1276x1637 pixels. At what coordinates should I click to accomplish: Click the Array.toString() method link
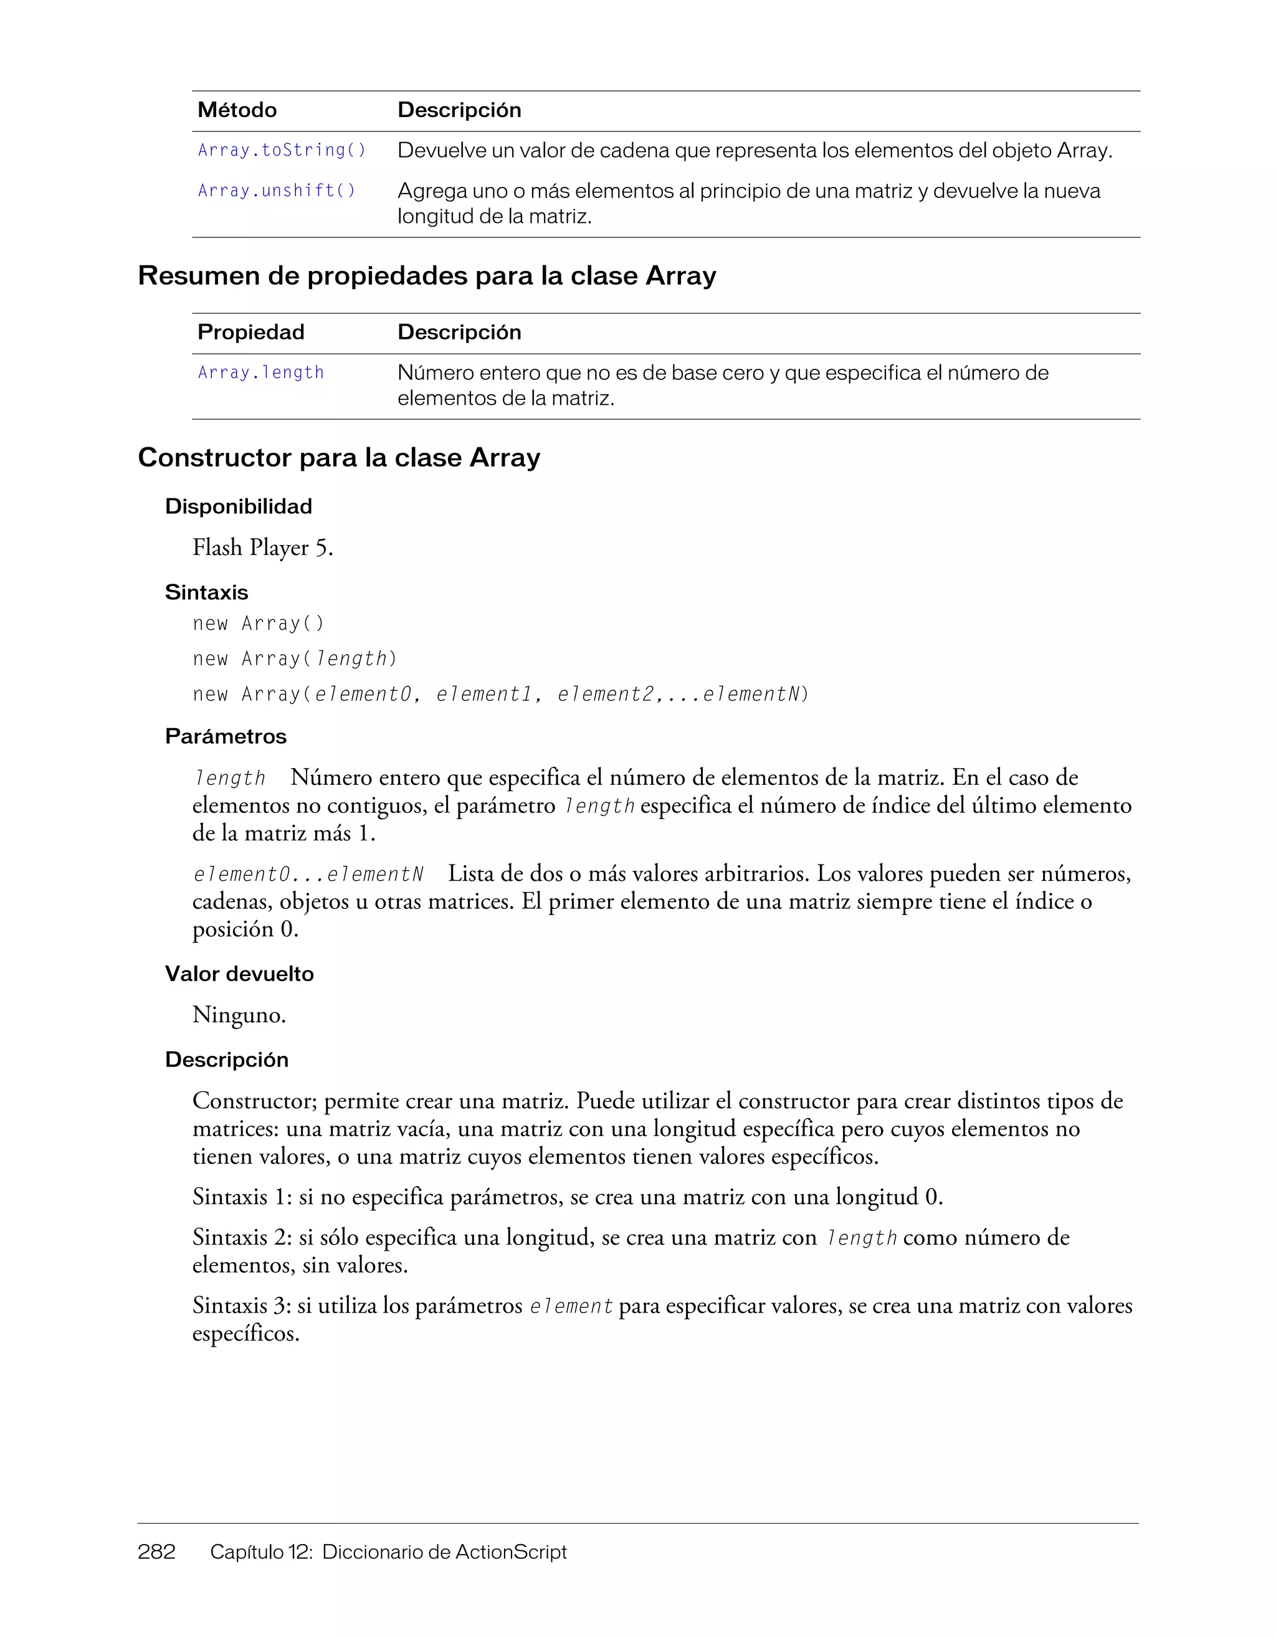[x=282, y=151]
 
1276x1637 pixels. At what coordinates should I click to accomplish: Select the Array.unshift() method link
[x=277, y=191]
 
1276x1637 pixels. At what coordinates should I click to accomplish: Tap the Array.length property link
[x=261, y=372]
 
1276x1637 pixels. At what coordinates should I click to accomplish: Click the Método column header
[x=237, y=110]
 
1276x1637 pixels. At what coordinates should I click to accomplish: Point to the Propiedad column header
[x=251, y=332]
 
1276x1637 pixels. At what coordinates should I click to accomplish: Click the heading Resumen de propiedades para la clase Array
[x=427, y=276]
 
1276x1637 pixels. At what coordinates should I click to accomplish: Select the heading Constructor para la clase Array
[x=339, y=457]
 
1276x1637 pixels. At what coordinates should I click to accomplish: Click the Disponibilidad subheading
[x=239, y=506]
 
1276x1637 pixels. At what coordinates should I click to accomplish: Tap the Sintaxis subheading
[x=206, y=592]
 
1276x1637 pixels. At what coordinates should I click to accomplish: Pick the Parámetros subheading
[x=226, y=736]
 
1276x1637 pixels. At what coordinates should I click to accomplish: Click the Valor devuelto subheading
[x=239, y=974]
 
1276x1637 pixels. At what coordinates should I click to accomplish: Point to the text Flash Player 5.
[x=262, y=548]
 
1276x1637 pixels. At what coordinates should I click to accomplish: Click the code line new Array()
[x=259, y=624]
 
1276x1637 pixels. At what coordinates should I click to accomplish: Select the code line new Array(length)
[x=295, y=659]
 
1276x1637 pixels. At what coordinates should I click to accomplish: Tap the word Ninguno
[x=239, y=1015]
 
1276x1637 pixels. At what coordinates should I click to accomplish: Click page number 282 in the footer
[x=156, y=1552]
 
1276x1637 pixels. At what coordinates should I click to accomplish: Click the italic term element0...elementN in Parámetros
[x=308, y=875]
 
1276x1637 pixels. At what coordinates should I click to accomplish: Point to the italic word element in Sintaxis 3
[x=571, y=1306]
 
